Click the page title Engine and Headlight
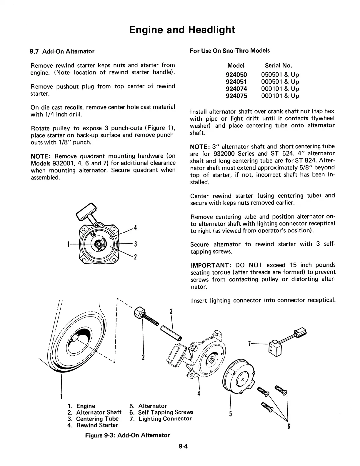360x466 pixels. [182, 30]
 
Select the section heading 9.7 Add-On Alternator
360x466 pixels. [62, 51]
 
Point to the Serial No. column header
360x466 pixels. [278, 66]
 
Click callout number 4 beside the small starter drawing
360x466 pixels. [135, 227]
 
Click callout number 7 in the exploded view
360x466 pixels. [249, 343]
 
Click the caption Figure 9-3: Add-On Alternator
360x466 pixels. [127, 435]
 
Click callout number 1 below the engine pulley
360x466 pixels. [61, 396]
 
